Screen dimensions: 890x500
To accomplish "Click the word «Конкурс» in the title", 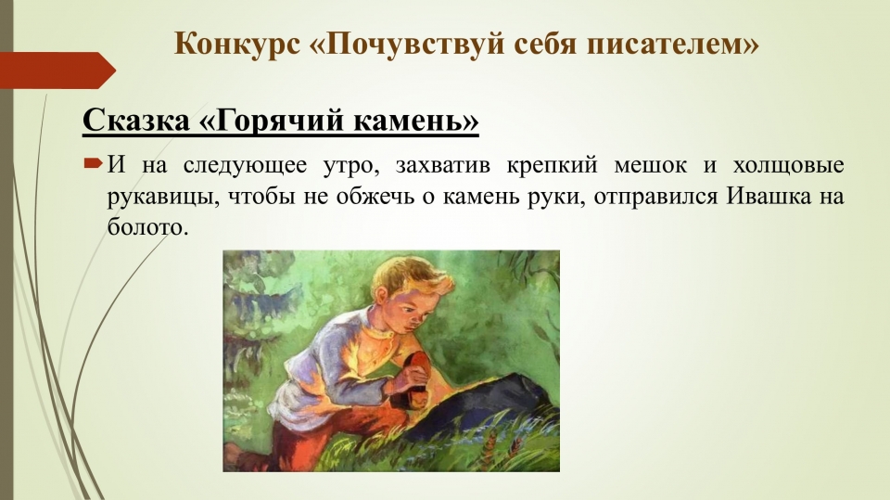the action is pos(236,44).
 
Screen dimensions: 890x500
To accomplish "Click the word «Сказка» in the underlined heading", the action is pos(136,120).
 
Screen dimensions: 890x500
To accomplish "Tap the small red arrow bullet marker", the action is pos(93,165).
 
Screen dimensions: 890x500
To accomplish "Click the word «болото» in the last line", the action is pos(147,227).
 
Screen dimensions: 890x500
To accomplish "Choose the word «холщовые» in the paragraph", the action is pos(788,166).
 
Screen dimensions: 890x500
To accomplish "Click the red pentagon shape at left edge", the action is pos(57,71).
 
